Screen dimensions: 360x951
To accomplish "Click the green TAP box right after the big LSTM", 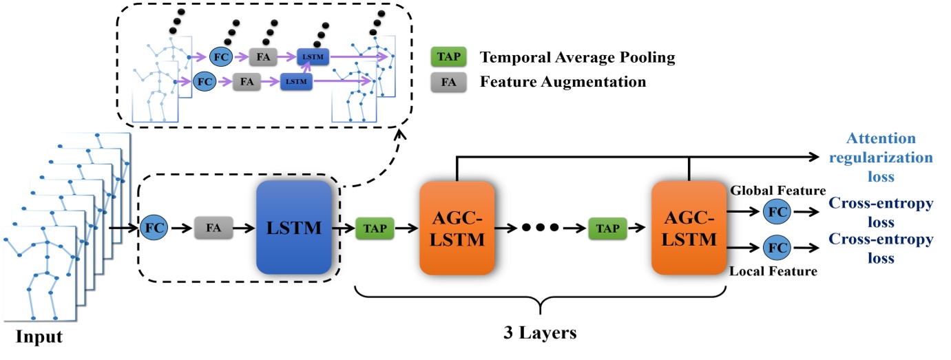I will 375,226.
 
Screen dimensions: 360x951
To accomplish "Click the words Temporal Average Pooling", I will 578,58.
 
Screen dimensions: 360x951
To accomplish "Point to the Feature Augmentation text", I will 563,82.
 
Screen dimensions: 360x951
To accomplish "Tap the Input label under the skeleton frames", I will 40,337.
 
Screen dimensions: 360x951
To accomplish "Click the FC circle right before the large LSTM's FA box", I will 153,226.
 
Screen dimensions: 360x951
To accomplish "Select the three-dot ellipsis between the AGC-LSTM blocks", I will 541,227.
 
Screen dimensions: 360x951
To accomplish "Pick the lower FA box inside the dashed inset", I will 246,81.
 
